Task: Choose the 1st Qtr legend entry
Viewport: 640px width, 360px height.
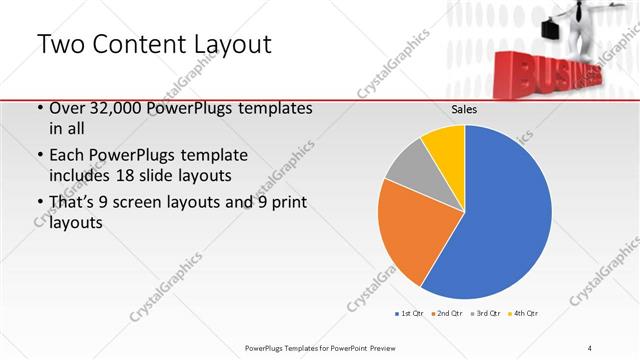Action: click(409, 313)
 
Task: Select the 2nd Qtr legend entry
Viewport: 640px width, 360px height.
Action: click(446, 313)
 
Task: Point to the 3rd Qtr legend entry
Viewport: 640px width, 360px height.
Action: click(484, 313)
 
